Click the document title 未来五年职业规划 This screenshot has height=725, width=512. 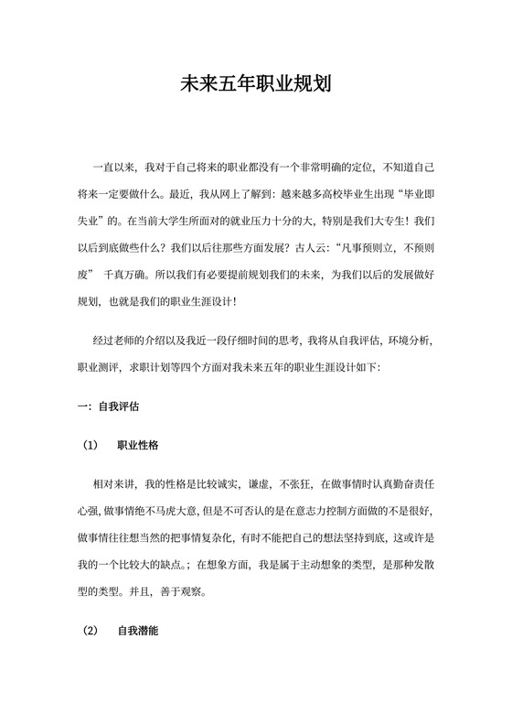(255, 86)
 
